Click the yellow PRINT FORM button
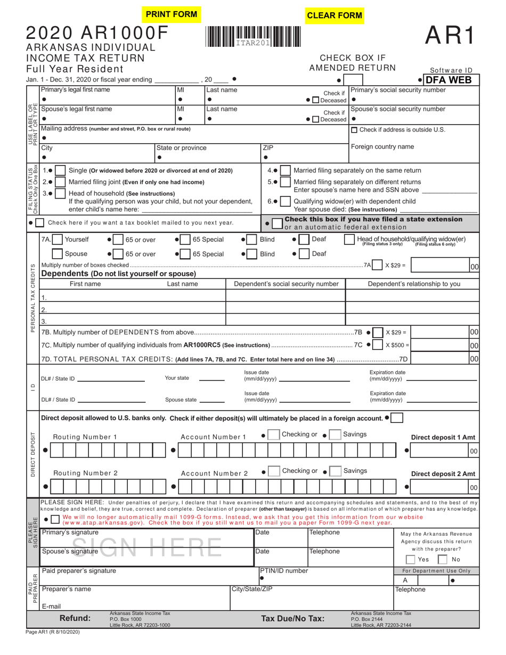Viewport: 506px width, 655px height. point(172,14)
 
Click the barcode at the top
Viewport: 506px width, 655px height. point(252,37)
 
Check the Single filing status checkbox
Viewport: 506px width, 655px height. point(61,171)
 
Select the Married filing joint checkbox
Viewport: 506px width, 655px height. point(61,183)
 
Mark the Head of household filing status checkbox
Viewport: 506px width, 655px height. point(61,194)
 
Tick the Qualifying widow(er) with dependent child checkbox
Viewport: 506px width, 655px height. point(285,202)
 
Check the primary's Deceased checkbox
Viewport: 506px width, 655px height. point(316,101)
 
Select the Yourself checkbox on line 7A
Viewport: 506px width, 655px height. point(58,240)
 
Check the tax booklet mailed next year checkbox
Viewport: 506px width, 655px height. point(40,223)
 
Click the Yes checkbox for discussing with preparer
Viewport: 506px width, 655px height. point(410,560)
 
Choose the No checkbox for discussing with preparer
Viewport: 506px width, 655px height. point(442,560)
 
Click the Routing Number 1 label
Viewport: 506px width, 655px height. point(85,437)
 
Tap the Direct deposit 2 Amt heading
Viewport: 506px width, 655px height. point(443,474)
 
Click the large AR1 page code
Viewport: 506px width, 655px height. point(448,36)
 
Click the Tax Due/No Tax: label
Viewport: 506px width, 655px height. point(292,619)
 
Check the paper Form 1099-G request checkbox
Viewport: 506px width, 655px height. point(55,519)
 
